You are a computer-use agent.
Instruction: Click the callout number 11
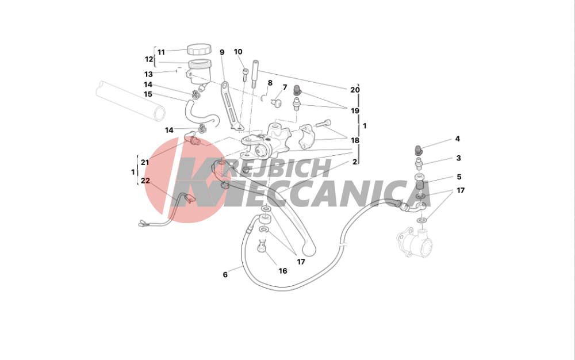click(x=161, y=52)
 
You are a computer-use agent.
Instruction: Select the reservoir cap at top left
click(x=199, y=49)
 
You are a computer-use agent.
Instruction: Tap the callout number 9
click(x=222, y=52)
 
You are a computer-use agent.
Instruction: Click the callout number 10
click(x=238, y=52)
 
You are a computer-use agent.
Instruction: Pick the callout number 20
click(x=355, y=90)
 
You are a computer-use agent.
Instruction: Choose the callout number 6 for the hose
click(x=225, y=274)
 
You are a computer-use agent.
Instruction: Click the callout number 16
click(x=283, y=271)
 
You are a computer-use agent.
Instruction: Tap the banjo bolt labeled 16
click(x=262, y=245)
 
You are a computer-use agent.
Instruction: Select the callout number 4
click(x=457, y=139)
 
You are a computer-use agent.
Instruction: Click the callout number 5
click(x=459, y=177)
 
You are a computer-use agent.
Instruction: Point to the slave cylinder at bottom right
click(x=415, y=242)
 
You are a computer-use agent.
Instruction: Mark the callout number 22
click(x=145, y=181)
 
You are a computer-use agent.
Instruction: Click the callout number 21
click(x=145, y=162)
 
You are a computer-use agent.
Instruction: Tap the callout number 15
click(x=148, y=94)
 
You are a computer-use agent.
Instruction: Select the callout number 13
click(x=148, y=74)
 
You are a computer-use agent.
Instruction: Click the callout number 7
click(x=285, y=87)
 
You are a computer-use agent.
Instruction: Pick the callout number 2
click(x=355, y=162)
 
